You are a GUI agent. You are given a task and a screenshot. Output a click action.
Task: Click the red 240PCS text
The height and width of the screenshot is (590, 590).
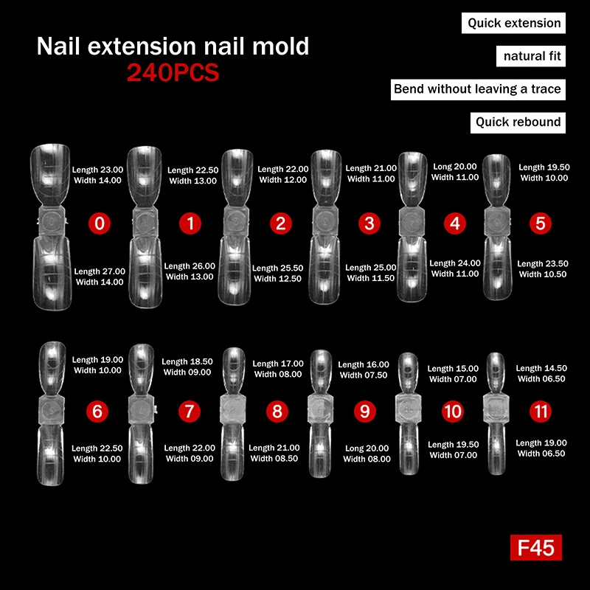pyautogui.click(x=173, y=73)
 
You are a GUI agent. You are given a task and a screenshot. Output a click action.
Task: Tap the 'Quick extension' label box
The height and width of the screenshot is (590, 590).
pyautogui.click(x=514, y=23)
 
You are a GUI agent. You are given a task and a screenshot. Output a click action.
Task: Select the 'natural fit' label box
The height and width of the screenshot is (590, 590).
pyautogui.click(x=532, y=56)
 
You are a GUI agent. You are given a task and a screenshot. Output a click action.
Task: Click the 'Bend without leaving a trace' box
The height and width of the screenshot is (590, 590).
pyautogui.click(x=477, y=89)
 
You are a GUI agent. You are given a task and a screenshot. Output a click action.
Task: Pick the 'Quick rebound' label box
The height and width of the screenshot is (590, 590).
pyautogui.click(x=518, y=122)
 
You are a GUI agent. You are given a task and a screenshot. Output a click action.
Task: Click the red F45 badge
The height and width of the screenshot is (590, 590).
pyautogui.click(x=536, y=548)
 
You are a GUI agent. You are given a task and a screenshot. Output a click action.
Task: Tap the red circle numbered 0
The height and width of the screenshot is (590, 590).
pyautogui.click(x=99, y=223)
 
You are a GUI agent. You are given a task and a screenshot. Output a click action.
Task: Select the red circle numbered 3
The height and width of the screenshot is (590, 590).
pyautogui.click(x=368, y=223)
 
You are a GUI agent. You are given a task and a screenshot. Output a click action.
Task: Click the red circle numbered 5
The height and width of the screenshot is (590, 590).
pyautogui.click(x=541, y=223)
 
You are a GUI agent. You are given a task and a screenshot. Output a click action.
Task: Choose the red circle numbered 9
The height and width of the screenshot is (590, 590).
pyautogui.click(x=364, y=411)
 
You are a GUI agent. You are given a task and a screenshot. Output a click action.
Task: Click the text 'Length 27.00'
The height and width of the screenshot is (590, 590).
pyautogui.click(x=100, y=271)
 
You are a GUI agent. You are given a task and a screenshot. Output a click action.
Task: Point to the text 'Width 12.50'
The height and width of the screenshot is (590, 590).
pyautogui.click(x=277, y=279)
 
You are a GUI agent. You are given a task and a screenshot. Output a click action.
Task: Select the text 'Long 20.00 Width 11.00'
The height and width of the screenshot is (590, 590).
pyautogui.click(x=454, y=172)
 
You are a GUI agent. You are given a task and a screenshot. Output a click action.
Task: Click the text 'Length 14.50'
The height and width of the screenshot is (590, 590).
pyautogui.click(x=541, y=368)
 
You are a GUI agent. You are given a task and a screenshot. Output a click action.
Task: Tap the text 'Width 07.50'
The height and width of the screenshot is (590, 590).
pyautogui.click(x=364, y=375)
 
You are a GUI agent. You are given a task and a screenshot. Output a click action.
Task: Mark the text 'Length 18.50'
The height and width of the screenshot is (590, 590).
pyautogui.click(x=187, y=361)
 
